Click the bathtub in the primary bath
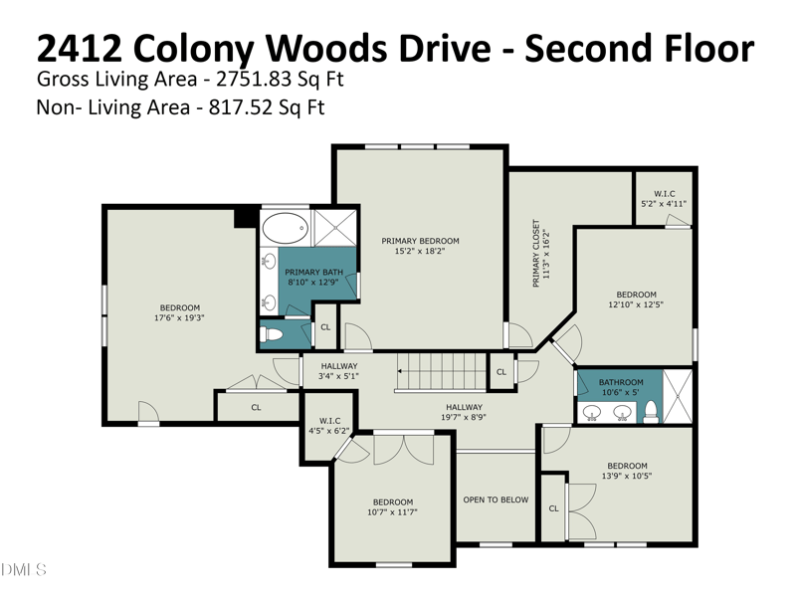click(x=285, y=229)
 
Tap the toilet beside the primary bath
click(x=271, y=334)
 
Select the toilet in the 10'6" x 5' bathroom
click(x=651, y=411)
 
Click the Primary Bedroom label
click(x=420, y=241)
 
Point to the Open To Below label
click(x=496, y=499)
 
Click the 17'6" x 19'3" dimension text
click(x=179, y=317)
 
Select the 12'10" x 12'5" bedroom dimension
click(x=636, y=304)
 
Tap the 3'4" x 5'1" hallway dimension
click(x=338, y=376)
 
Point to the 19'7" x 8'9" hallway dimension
click(x=464, y=417)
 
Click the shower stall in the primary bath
click(x=335, y=228)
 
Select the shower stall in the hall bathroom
click(x=678, y=396)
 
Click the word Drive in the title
click(x=446, y=48)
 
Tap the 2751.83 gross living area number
click(x=254, y=79)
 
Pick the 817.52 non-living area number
click(x=239, y=107)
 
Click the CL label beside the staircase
click(x=501, y=372)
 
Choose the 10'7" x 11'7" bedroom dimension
click(x=392, y=512)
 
